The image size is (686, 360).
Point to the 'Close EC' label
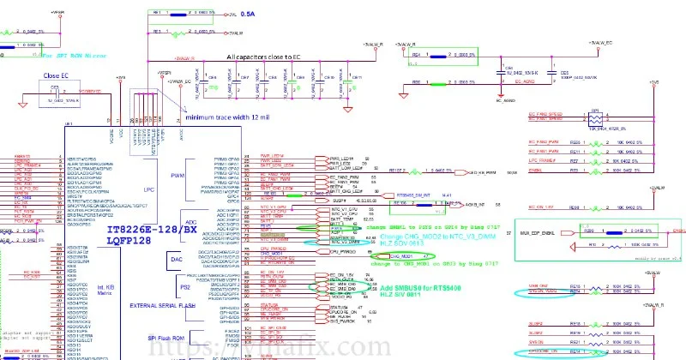57,75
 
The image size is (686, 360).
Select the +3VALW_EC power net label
597,42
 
